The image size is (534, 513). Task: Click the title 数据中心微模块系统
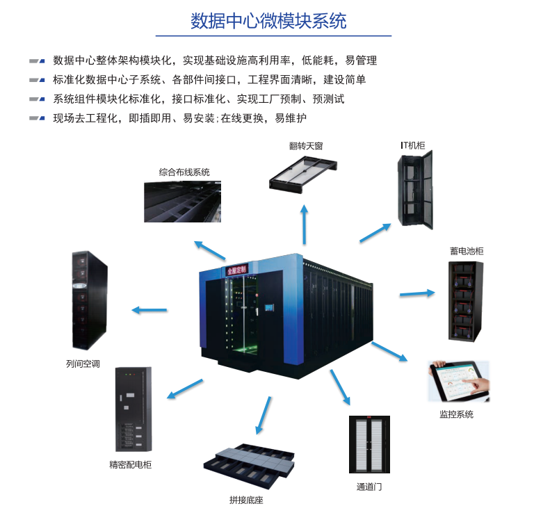click(x=268, y=21)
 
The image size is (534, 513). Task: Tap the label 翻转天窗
click(x=306, y=146)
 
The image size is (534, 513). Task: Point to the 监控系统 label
click(x=456, y=414)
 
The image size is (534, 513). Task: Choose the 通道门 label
click(x=369, y=487)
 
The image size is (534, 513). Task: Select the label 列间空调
click(x=83, y=363)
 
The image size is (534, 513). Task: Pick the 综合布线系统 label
click(x=184, y=172)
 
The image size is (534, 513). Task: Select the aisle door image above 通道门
click(x=369, y=445)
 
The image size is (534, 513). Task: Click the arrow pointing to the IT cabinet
click(x=376, y=233)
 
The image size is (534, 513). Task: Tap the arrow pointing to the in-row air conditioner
click(x=149, y=309)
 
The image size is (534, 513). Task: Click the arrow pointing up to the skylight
click(x=304, y=222)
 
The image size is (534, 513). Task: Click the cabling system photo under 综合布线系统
click(x=182, y=202)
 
